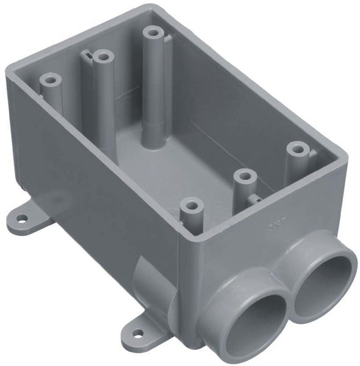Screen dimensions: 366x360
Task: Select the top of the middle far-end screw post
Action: pyautogui.click(x=104, y=57)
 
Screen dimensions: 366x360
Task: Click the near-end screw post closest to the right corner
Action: pyautogui.click(x=297, y=148)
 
